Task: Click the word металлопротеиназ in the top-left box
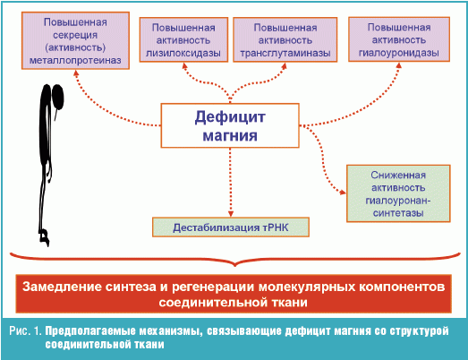coord(75,60)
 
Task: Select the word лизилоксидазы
coord(183,53)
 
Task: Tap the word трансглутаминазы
coord(285,53)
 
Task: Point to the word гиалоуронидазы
coord(399,53)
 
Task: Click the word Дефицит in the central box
coord(230,116)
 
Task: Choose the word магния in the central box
coord(230,135)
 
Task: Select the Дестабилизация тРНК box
coord(231,227)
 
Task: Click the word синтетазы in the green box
coord(398,213)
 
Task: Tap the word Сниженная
coord(398,175)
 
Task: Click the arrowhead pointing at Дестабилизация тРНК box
coord(230,214)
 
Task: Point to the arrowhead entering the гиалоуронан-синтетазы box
coord(343,193)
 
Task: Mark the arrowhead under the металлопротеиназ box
coord(76,73)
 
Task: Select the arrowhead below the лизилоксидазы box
coord(184,65)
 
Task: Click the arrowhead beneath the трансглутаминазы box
coord(285,66)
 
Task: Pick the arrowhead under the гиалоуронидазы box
coord(399,65)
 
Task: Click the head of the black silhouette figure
coord(57,97)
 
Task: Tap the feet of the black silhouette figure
coord(44,237)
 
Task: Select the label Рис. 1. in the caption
coord(25,330)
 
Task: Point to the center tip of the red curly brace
coord(235,265)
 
